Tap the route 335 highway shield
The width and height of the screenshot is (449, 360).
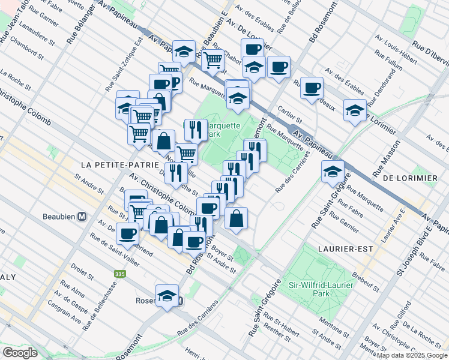pos(120,274)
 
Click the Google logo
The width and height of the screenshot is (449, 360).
pos(20,353)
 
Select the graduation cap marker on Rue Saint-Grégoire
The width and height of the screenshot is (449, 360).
pos(333,171)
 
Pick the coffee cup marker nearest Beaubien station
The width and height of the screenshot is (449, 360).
pos(127,234)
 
